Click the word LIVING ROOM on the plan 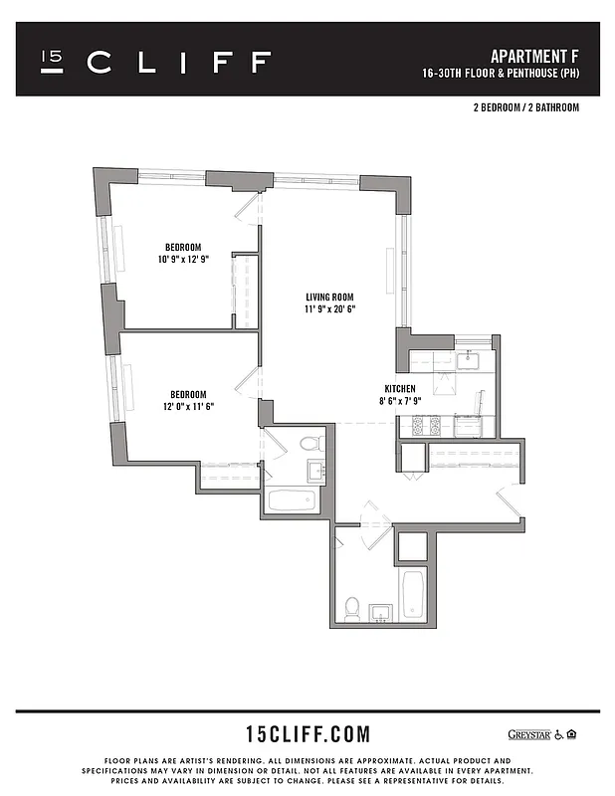pyautogui.click(x=329, y=297)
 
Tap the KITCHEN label pyautogui.click(x=400, y=388)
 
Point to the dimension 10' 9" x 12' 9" pyautogui.click(x=183, y=259)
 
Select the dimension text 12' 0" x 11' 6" pyautogui.click(x=184, y=405)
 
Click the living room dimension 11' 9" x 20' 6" pyautogui.click(x=329, y=309)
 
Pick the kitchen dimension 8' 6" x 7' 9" pyautogui.click(x=400, y=401)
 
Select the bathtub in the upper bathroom pyautogui.click(x=292, y=499)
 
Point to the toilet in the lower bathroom pyautogui.click(x=351, y=607)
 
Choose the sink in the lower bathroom pyautogui.click(x=379, y=611)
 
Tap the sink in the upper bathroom pyautogui.click(x=314, y=472)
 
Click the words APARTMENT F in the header pyautogui.click(x=535, y=55)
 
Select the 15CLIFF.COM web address pyautogui.click(x=307, y=735)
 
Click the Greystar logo pyautogui.click(x=530, y=734)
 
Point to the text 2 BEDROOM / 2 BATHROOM pyautogui.click(x=526, y=106)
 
